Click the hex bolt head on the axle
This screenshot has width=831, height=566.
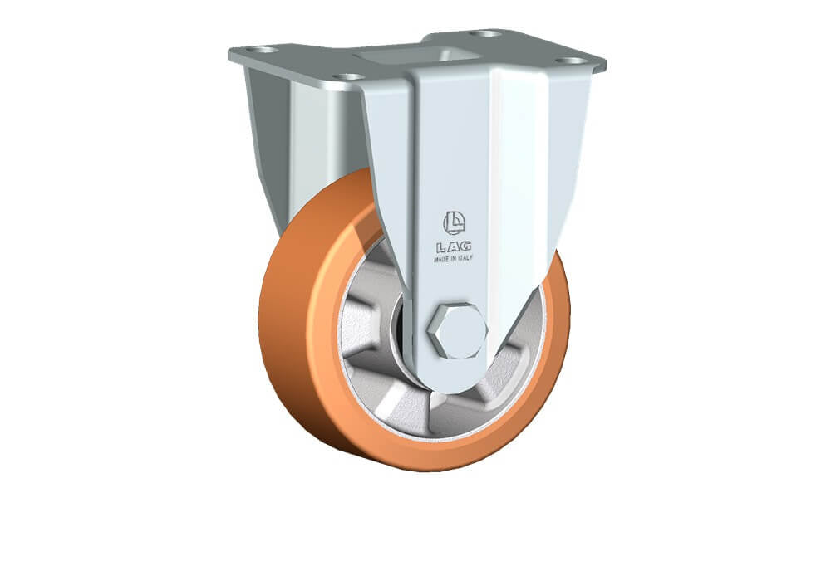click(x=457, y=331)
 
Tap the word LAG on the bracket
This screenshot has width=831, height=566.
click(x=454, y=246)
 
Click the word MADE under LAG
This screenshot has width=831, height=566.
click(x=442, y=260)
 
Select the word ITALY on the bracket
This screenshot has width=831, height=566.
click(x=465, y=258)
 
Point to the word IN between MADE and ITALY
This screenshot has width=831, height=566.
click(x=455, y=259)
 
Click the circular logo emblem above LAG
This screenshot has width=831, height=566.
click(x=454, y=223)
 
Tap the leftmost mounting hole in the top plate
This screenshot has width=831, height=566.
click(x=263, y=50)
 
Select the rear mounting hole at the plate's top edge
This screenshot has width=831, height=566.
click(x=485, y=33)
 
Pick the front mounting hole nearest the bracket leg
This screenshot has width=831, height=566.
click(x=349, y=77)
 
